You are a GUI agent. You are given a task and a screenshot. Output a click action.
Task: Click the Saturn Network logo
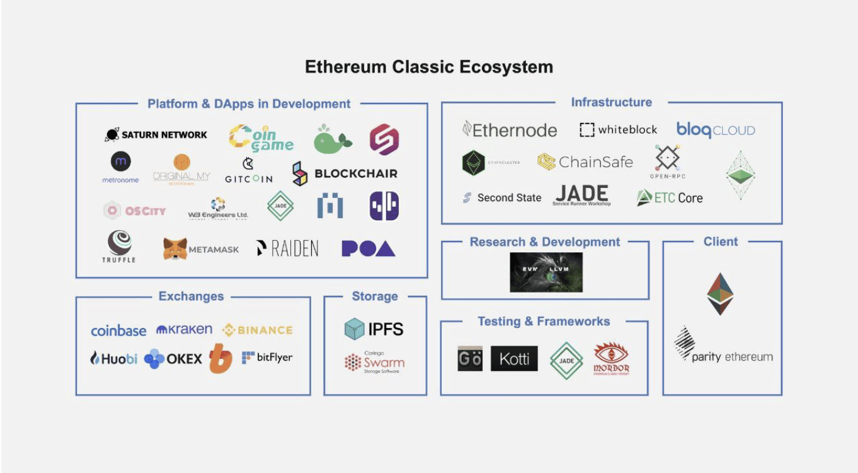(156, 135)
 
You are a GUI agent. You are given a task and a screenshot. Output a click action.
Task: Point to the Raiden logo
(287, 249)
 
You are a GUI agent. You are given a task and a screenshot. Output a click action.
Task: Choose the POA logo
(368, 249)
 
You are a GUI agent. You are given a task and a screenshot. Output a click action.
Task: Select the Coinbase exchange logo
(118, 330)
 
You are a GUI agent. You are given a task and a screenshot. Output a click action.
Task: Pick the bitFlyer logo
(267, 358)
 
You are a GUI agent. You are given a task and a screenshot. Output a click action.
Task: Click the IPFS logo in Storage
(374, 329)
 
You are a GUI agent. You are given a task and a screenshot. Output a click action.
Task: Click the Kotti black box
(514, 359)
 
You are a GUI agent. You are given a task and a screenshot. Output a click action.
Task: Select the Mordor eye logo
(611, 358)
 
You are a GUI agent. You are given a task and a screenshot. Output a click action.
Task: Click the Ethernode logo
(510, 130)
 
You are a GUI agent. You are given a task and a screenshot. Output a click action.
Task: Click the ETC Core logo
(669, 198)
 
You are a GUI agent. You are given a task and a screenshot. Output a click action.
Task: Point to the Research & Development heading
(545, 242)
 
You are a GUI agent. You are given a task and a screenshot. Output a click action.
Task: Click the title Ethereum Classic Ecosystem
(429, 67)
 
